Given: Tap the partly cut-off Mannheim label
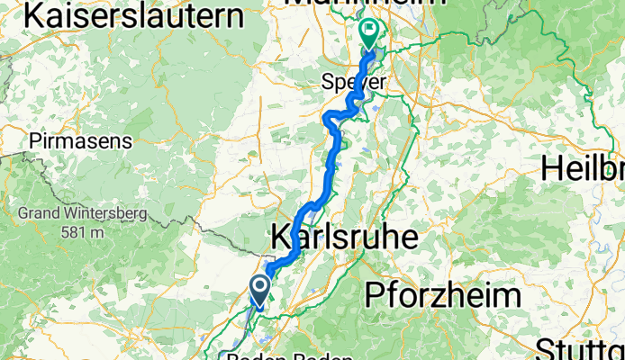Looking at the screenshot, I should tap(365, 4).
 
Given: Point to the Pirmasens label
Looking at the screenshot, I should tap(80, 141).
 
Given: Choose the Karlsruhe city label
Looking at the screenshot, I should tap(345, 238).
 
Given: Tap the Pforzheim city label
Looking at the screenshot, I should tap(442, 294).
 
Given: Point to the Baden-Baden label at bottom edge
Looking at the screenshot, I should tap(288, 356).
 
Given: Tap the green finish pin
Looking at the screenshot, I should tap(369, 33).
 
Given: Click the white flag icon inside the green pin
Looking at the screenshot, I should tap(369, 29).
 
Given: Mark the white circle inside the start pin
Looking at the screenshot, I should tap(259, 287).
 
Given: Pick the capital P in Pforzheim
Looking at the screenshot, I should tap(373, 294).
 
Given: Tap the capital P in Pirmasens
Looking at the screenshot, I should tap(34, 141).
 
